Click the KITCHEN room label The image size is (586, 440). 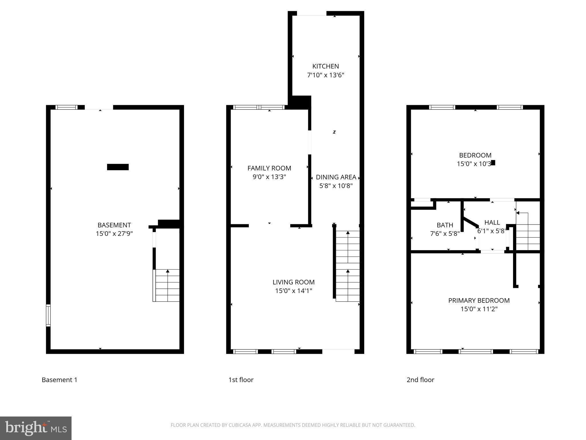click(x=326, y=66)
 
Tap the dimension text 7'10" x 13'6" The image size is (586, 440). click(x=326, y=75)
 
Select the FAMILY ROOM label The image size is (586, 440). click(x=269, y=168)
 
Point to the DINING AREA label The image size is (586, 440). click(x=336, y=177)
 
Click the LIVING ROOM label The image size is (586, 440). click(x=294, y=282)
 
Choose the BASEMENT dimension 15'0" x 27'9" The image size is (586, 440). click(x=114, y=234)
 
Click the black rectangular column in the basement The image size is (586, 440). click(x=118, y=167)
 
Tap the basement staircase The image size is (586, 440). click(x=167, y=285)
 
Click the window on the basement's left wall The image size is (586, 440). click(x=48, y=315)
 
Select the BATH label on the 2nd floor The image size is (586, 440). click(x=445, y=225)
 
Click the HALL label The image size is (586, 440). click(x=492, y=222)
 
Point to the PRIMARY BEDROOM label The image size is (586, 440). click(x=479, y=300)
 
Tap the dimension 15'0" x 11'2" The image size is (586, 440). click(x=479, y=309)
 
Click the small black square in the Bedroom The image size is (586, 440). click(x=493, y=163)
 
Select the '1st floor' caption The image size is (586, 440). click(x=241, y=380)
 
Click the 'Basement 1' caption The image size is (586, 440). click(x=60, y=380)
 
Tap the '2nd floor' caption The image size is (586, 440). click(x=420, y=380)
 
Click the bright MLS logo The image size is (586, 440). click(x=36, y=428)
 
